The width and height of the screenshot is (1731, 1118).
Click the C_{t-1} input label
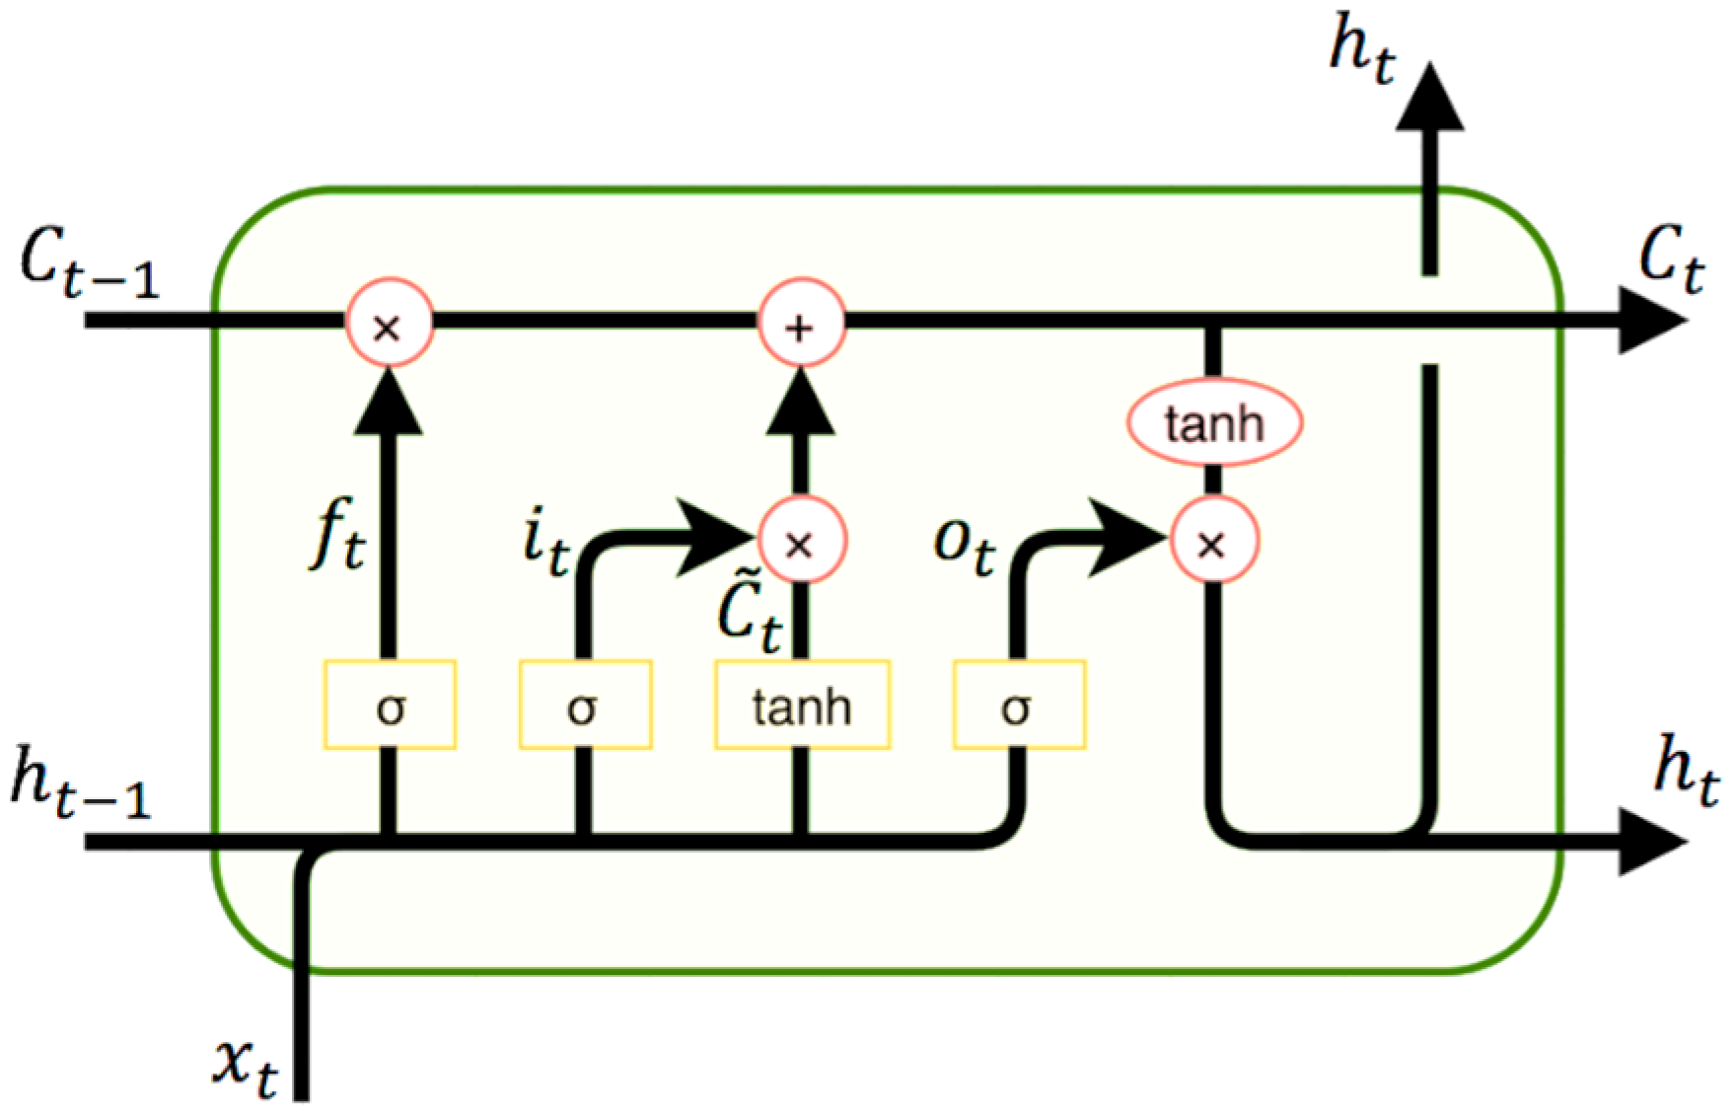(x=87, y=268)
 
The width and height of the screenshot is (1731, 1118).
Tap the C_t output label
(x=1670, y=262)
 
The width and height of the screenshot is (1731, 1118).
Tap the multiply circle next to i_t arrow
(x=800, y=542)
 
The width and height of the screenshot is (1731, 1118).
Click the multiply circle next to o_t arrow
(x=1213, y=542)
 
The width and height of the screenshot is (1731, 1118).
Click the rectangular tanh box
(x=802, y=706)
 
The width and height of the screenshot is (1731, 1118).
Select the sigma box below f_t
(x=390, y=706)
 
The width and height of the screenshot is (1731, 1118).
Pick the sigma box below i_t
(x=584, y=706)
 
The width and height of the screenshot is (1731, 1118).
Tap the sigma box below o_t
(x=1018, y=706)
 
